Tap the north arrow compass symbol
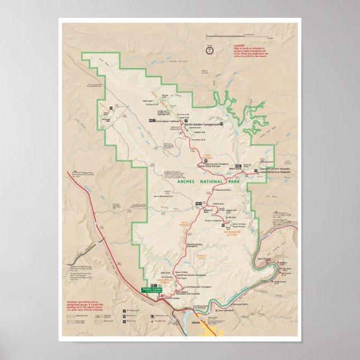210,50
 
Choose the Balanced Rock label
206,212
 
